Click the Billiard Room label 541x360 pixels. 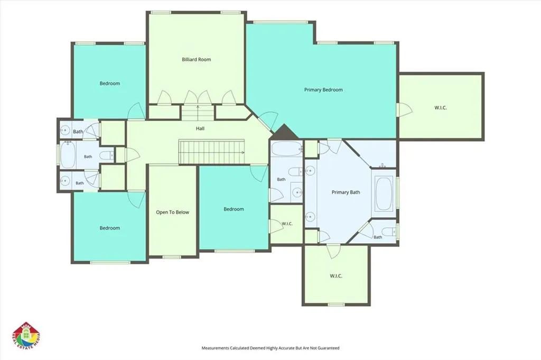[197, 59]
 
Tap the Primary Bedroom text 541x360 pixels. [323, 90]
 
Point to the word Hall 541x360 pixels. [200, 128]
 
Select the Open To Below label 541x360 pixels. [173, 213]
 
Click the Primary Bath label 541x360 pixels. [346, 192]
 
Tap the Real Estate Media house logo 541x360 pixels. [26, 337]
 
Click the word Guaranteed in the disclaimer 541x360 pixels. [328, 348]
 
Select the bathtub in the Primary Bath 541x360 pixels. [384, 193]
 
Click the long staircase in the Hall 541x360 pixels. [211, 152]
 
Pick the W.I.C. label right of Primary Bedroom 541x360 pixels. [441, 108]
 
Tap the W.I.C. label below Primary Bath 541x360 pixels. [336, 276]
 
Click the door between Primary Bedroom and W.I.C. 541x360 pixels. [404, 110]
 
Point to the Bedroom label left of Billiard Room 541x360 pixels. [110, 83]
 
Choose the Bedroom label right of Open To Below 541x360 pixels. [234, 209]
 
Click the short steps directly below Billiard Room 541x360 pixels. [198, 112]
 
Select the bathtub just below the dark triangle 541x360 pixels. [286, 149]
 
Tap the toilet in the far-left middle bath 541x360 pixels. [107, 155]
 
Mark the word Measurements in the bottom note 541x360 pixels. [216, 348]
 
